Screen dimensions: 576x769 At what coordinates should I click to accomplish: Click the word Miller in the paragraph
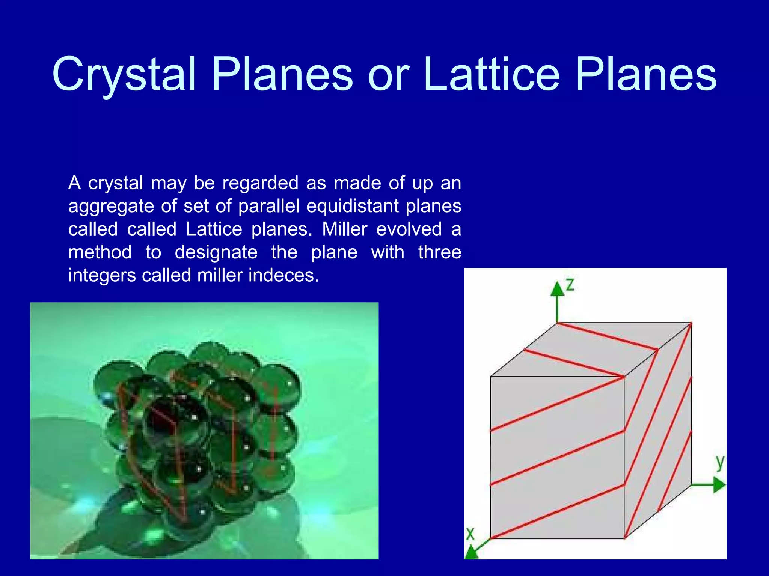pyautogui.click(x=344, y=229)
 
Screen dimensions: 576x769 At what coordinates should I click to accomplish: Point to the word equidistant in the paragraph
pyautogui.click(x=352, y=206)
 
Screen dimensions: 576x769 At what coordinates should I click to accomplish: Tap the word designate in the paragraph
pyautogui.click(x=216, y=252)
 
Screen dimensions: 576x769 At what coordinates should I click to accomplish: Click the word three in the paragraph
pyautogui.click(x=440, y=252)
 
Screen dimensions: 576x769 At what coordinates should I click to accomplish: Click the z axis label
pyautogui.click(x=570, y=285)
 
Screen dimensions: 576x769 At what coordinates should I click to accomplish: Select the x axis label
pyautogui.click(x=470, y=534)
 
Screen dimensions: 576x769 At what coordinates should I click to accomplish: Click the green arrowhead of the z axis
pyautogui.click(x=558, y=289)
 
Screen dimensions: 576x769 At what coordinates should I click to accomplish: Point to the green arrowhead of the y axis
pyautogui.click(x=718, y=485)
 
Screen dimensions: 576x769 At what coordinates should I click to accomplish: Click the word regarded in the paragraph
pyautogui.click(x=260, y=184)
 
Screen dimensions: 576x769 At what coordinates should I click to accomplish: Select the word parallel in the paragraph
pyautogui.click(x=268, y=206)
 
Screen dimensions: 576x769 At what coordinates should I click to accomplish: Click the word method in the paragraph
pyautogui.click(x=100, y=252)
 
